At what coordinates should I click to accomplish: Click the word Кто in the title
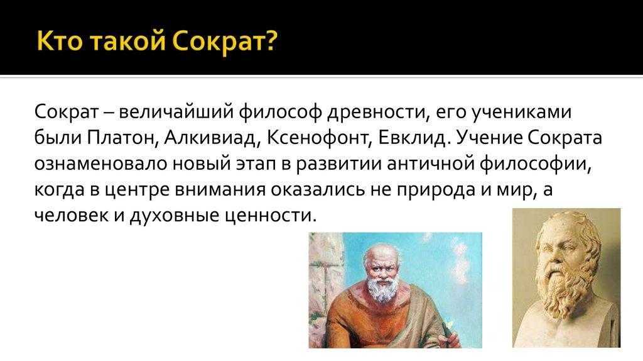pyautogui.click(x=59, y=41)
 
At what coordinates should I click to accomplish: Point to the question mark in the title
pyautogui.click(x=269, y=40)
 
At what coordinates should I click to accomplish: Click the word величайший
pyautogui.click(x=176, y=112)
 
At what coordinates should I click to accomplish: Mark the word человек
pyautogui.click(x=71, y=216)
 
